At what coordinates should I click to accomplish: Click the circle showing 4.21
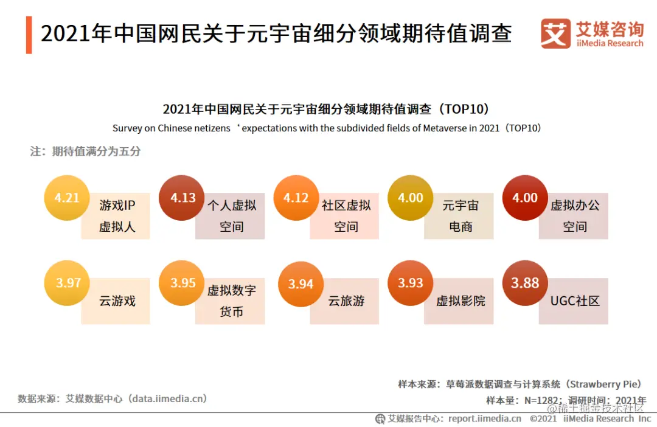[67, 198]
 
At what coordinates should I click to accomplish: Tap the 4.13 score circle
[182, 198]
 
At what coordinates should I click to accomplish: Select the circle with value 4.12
[296, 198]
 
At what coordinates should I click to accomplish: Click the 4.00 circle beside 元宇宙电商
[411, 198]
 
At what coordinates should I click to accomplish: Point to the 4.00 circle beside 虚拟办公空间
[525, 198]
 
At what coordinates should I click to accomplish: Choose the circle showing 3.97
[68, 283]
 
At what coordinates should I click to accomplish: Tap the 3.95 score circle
[182, 283]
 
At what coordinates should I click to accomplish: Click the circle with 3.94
[301, 285]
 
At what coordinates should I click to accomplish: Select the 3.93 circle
[411, 283]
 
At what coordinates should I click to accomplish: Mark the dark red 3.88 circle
[525, 283]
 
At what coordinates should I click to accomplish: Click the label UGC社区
[574, 301]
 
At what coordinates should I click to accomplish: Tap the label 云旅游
[346, 301]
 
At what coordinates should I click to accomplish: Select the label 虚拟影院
[461, 301]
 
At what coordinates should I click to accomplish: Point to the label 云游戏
[117, 301]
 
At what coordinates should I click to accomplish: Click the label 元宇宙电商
[461, 217]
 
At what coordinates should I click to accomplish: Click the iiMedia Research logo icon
[555, 33]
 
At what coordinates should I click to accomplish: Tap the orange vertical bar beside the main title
[29, 35]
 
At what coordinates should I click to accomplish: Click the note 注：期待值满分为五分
[85, 151]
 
